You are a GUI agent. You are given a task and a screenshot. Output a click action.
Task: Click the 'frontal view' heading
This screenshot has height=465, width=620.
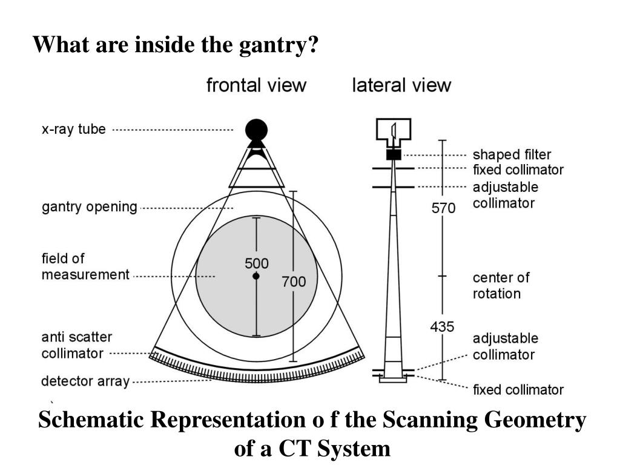(x=256, y=85)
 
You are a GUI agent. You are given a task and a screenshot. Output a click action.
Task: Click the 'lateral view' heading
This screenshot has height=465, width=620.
(x=401, y=85)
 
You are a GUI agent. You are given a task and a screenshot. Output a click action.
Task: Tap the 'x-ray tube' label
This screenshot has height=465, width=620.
(x=73, y=129)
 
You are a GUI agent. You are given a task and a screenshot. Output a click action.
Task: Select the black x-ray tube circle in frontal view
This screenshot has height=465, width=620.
(x=256, y=129)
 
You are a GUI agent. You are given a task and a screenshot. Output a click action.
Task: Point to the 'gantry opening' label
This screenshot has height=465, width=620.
(x=90, y=207)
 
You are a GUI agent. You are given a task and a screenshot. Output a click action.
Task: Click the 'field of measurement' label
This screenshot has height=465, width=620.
(x=85, y=266)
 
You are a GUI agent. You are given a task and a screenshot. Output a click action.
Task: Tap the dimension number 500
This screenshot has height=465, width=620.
(x=257, y=264)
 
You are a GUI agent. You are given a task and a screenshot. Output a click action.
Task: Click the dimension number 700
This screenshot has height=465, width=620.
(x=294, y=282)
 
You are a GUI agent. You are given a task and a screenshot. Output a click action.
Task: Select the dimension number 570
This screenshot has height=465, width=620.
(x=443, y=208)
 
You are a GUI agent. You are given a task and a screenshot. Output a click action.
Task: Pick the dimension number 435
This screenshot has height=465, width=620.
(x=442, y=327)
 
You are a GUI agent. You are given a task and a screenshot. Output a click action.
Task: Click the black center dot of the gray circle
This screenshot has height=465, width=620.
(x=256, y=276)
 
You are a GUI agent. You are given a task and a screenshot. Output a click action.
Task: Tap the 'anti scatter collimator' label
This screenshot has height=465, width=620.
(x=76, y=345)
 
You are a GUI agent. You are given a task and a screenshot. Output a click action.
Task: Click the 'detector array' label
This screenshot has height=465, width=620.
(x=85, y=381)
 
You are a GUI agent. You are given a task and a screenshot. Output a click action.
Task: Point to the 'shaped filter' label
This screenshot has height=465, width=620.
(x=512, y=155)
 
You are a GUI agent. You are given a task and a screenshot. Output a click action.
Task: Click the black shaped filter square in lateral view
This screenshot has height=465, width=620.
(x=394, y=155)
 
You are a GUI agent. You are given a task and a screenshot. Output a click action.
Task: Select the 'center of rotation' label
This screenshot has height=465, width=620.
(x=501, y=286)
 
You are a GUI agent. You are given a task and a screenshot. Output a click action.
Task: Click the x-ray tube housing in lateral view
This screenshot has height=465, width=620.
(x=394, y=131)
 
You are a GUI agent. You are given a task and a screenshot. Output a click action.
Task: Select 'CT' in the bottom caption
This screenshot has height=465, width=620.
(x=292, y=449)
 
